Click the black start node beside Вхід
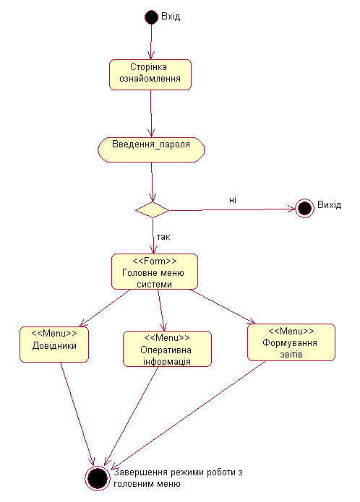[151, 17]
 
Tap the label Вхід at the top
[171, 17]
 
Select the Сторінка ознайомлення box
[150, 74]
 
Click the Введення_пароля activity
[151, 150]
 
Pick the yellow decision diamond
[152, 210]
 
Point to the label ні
[233, 200]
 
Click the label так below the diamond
[163, 237]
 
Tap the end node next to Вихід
[304, 209]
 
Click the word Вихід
[329, 205]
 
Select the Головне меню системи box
[155, 272]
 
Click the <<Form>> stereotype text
[155, 261]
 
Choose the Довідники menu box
[54, 345]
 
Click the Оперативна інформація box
[167, 349]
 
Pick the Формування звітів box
[291, 342]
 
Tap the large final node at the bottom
[97, 478]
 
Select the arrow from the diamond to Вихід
[233, 209]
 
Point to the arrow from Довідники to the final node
[77, 414]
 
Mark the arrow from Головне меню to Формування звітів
[223, 306]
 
